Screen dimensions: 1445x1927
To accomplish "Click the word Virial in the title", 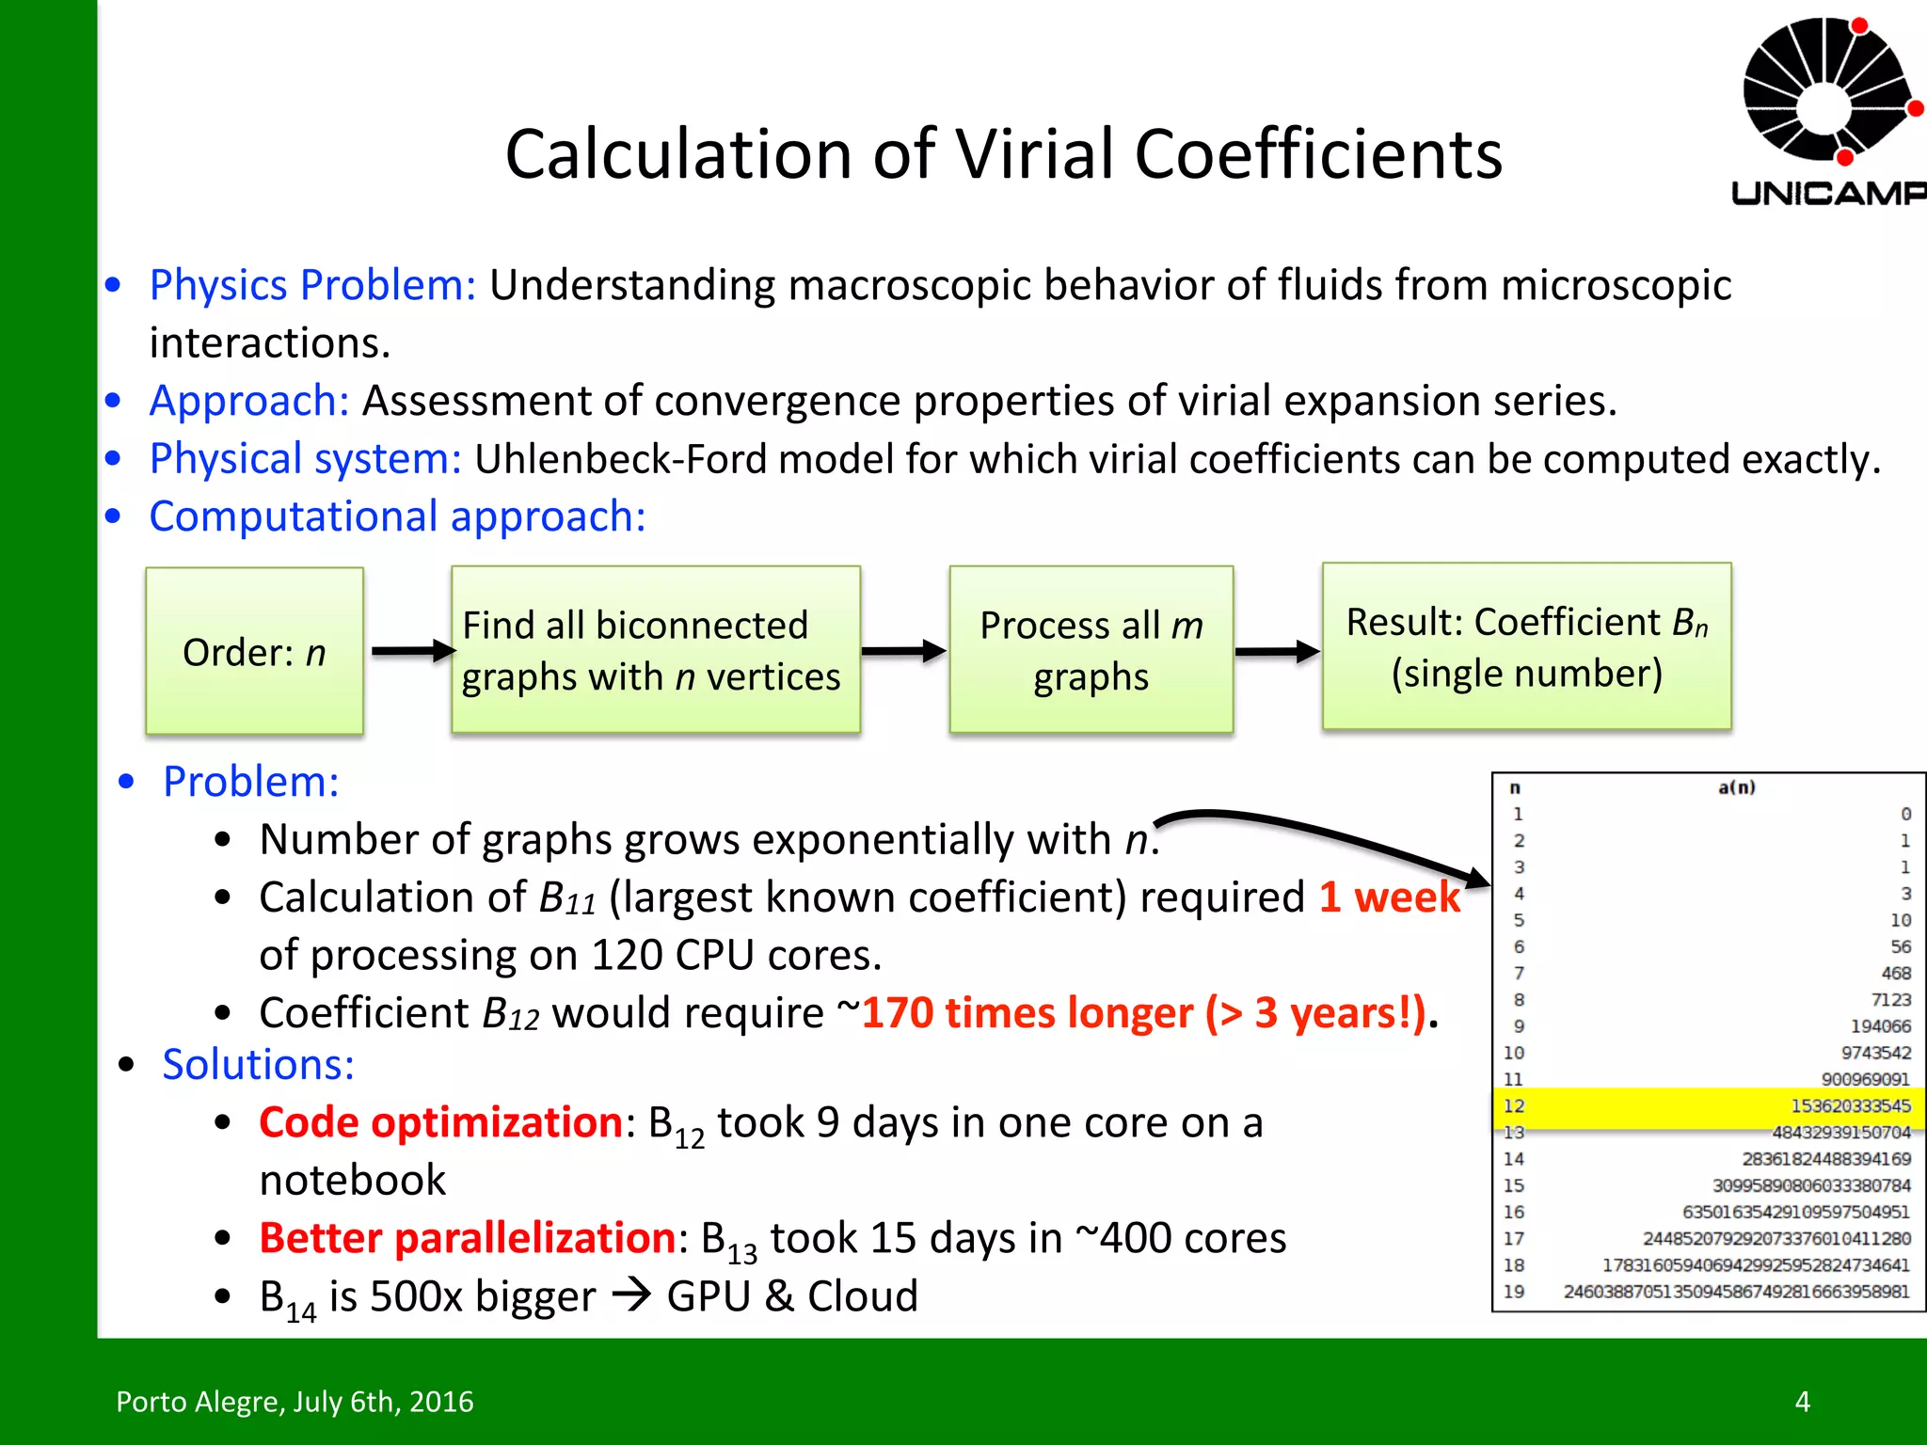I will (x=1031, y=154).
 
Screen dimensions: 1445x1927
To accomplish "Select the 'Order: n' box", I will (x=254, y=651).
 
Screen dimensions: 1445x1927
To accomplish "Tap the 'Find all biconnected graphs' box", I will (x=655, y=650).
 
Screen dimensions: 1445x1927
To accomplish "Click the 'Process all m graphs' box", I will (x=1091, y=650).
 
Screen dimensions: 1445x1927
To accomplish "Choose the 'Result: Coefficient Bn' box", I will (x=1526, y=647).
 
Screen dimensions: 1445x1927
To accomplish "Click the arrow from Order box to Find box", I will (x=412, y=651).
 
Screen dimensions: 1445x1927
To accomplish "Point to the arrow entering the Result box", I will (x=1277, y=651).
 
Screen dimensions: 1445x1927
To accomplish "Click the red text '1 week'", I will (x=1389, y=897).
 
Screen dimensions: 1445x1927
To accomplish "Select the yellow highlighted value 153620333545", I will (x=1850, y=1106).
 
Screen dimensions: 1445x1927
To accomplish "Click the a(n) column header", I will (x=1736, y=787).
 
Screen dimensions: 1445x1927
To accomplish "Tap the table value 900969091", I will (x=1865, y=1080).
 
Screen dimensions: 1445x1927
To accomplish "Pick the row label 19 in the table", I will (x=1514, y=1292).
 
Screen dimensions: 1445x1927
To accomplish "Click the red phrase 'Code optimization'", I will (x=440, y=1122).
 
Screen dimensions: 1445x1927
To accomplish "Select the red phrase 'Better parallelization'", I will (x=467, y=1238).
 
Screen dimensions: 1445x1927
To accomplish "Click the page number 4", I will (x=1802, y=1402).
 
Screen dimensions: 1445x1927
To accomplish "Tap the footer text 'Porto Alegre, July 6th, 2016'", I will (x=295, y=1402).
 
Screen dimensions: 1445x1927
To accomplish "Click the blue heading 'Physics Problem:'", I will (x=312, y=285).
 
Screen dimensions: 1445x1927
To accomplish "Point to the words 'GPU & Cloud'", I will (x=792, y=1296).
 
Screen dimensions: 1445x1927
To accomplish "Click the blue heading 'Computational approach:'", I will (x=397, y=516).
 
